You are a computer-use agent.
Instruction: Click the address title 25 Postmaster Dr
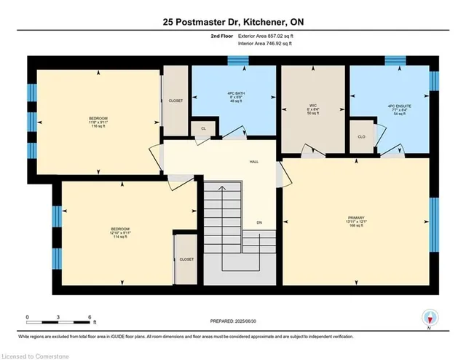click(x=232, y=23)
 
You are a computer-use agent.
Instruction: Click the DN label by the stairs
click(x=258, y=222)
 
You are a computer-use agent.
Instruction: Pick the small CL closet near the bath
click(x=203, y=128)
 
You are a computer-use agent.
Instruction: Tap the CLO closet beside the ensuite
click(x=362, y=136)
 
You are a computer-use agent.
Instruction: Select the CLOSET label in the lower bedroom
click(x=186, y=259)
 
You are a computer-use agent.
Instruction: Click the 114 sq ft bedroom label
click(x=120, y=234)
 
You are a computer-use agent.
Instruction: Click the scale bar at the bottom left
click(x=58, y=320)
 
